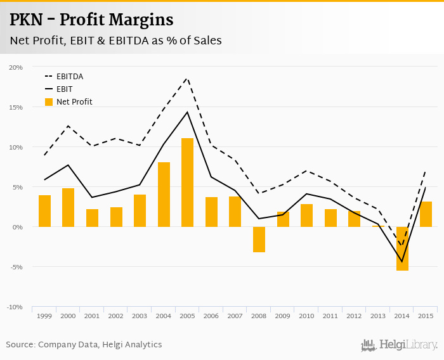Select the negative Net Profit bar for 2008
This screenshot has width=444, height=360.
(259, 240)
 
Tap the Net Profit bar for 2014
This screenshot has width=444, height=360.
(402, 248)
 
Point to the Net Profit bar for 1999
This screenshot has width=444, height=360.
(44, 211)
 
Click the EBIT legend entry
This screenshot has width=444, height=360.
(64, 89)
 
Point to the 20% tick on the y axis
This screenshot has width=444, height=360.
(16, 67)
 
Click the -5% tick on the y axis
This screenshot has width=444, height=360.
(16, 267)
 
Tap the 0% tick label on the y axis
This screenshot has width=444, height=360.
(18, 227)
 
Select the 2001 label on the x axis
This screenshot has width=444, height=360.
(92, 316)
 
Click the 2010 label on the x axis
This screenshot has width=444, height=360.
(306, 316)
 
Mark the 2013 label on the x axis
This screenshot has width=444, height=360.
(378, 316)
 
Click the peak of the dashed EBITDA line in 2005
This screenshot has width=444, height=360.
(187, 78)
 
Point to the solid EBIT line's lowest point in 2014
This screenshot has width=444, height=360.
(402, 262)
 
